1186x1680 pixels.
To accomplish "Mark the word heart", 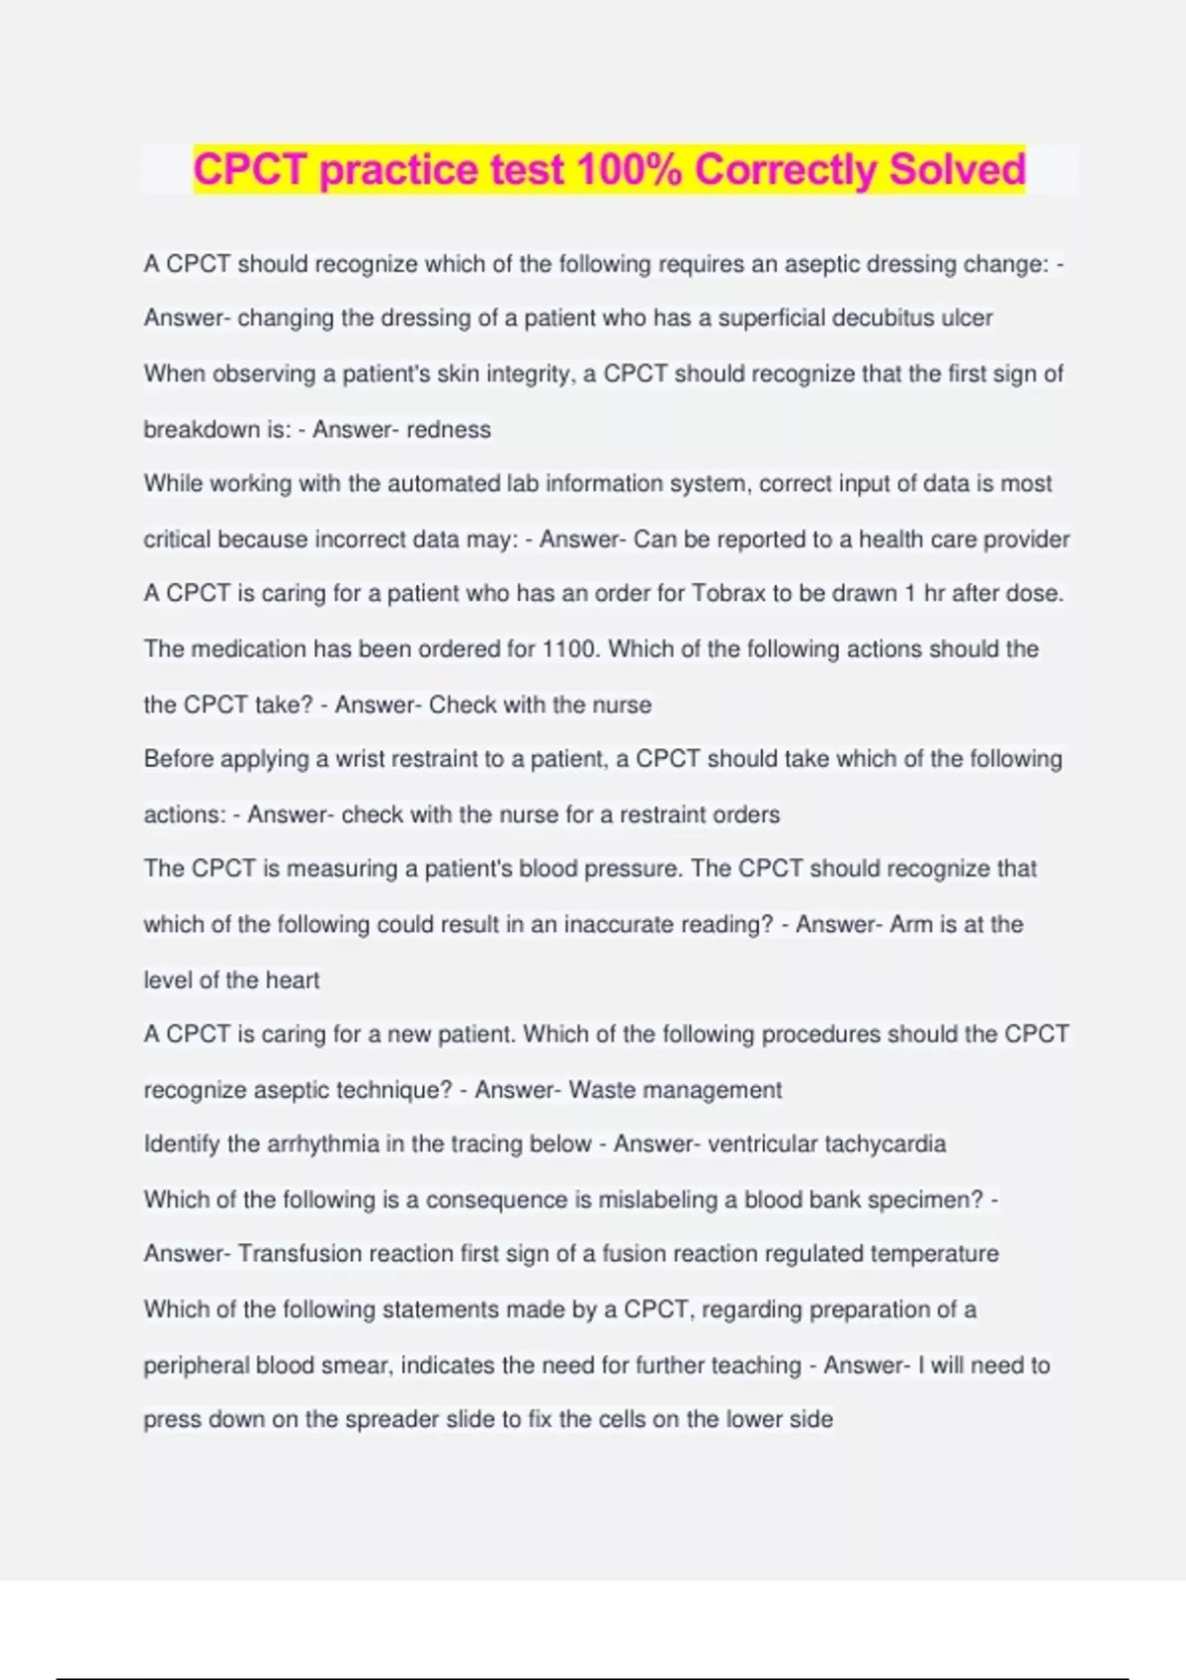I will [x=293, y=980].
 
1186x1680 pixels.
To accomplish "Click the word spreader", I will [x=391, y=1420].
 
